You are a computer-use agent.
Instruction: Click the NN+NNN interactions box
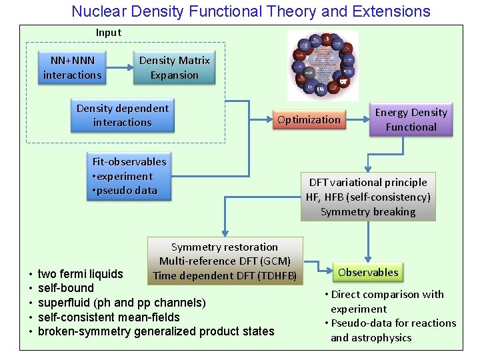pyautogui.click(x=72, y=67)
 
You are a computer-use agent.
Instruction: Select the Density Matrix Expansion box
pyautogui.click(x=174, y=67)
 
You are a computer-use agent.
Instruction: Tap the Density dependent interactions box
pyautogui.click(x=123, y=115)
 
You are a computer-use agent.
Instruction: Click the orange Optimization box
pyautogui.click(x=309, y=120)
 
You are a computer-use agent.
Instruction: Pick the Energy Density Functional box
pyautogui.click(x=411, y=119)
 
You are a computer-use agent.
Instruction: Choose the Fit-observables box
pyautogui.click(x=129, y=176)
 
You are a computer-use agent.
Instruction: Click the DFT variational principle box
pyautogui.click(x=368, y=197)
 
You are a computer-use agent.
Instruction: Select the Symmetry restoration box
pyautogui.click(x=225, y=261)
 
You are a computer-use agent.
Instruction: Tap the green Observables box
pyautogui.click(x=368, y=272)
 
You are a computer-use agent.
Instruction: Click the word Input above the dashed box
pyautogui.click(x=109, y=33)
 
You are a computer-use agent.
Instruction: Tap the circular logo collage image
pyautogui.click(x=323, y=65)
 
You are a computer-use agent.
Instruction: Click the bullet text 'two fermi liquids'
pyautogui.click(x=81, y=274)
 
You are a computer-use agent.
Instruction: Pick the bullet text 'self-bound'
pyautogui.click(x=66, y=288)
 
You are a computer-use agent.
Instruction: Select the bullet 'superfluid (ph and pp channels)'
pyautogui.click(x=122, y=303)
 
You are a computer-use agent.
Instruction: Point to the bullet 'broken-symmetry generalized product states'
pyautogui.click(x=156, y=331)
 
